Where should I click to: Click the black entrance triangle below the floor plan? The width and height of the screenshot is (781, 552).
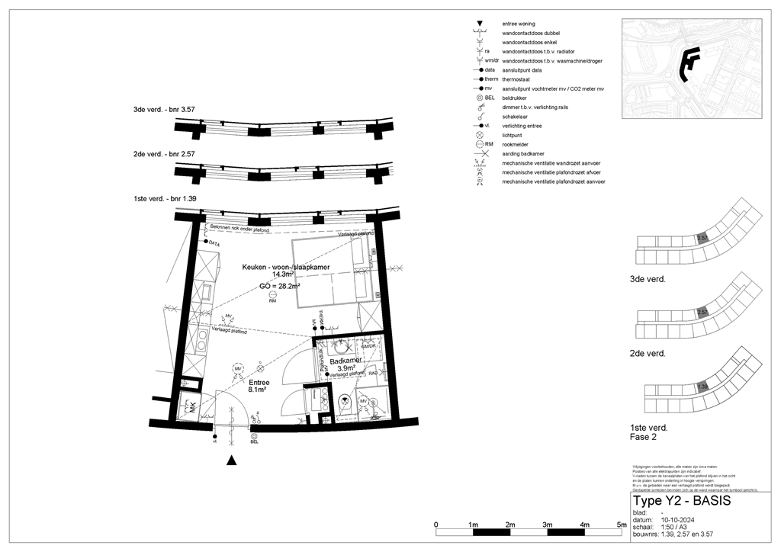(x=233, y=460)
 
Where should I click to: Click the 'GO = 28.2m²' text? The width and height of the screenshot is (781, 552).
(x=280, y=285)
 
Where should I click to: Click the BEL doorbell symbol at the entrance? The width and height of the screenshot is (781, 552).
(x=255, y=436)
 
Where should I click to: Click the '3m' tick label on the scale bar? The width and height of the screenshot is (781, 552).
(x=547, y=525)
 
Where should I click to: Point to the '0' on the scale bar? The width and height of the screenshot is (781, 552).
(x=435, y=525)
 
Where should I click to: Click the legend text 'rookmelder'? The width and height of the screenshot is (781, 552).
(x=516, y=144)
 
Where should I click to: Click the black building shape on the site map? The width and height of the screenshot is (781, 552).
(x=689, y=65)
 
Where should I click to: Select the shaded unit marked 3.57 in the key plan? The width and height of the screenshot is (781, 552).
(x=703, y=238)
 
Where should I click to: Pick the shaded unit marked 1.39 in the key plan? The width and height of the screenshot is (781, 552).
(x=703, y=387)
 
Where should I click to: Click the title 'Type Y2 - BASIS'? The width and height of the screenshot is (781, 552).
(x=681, y=501)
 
